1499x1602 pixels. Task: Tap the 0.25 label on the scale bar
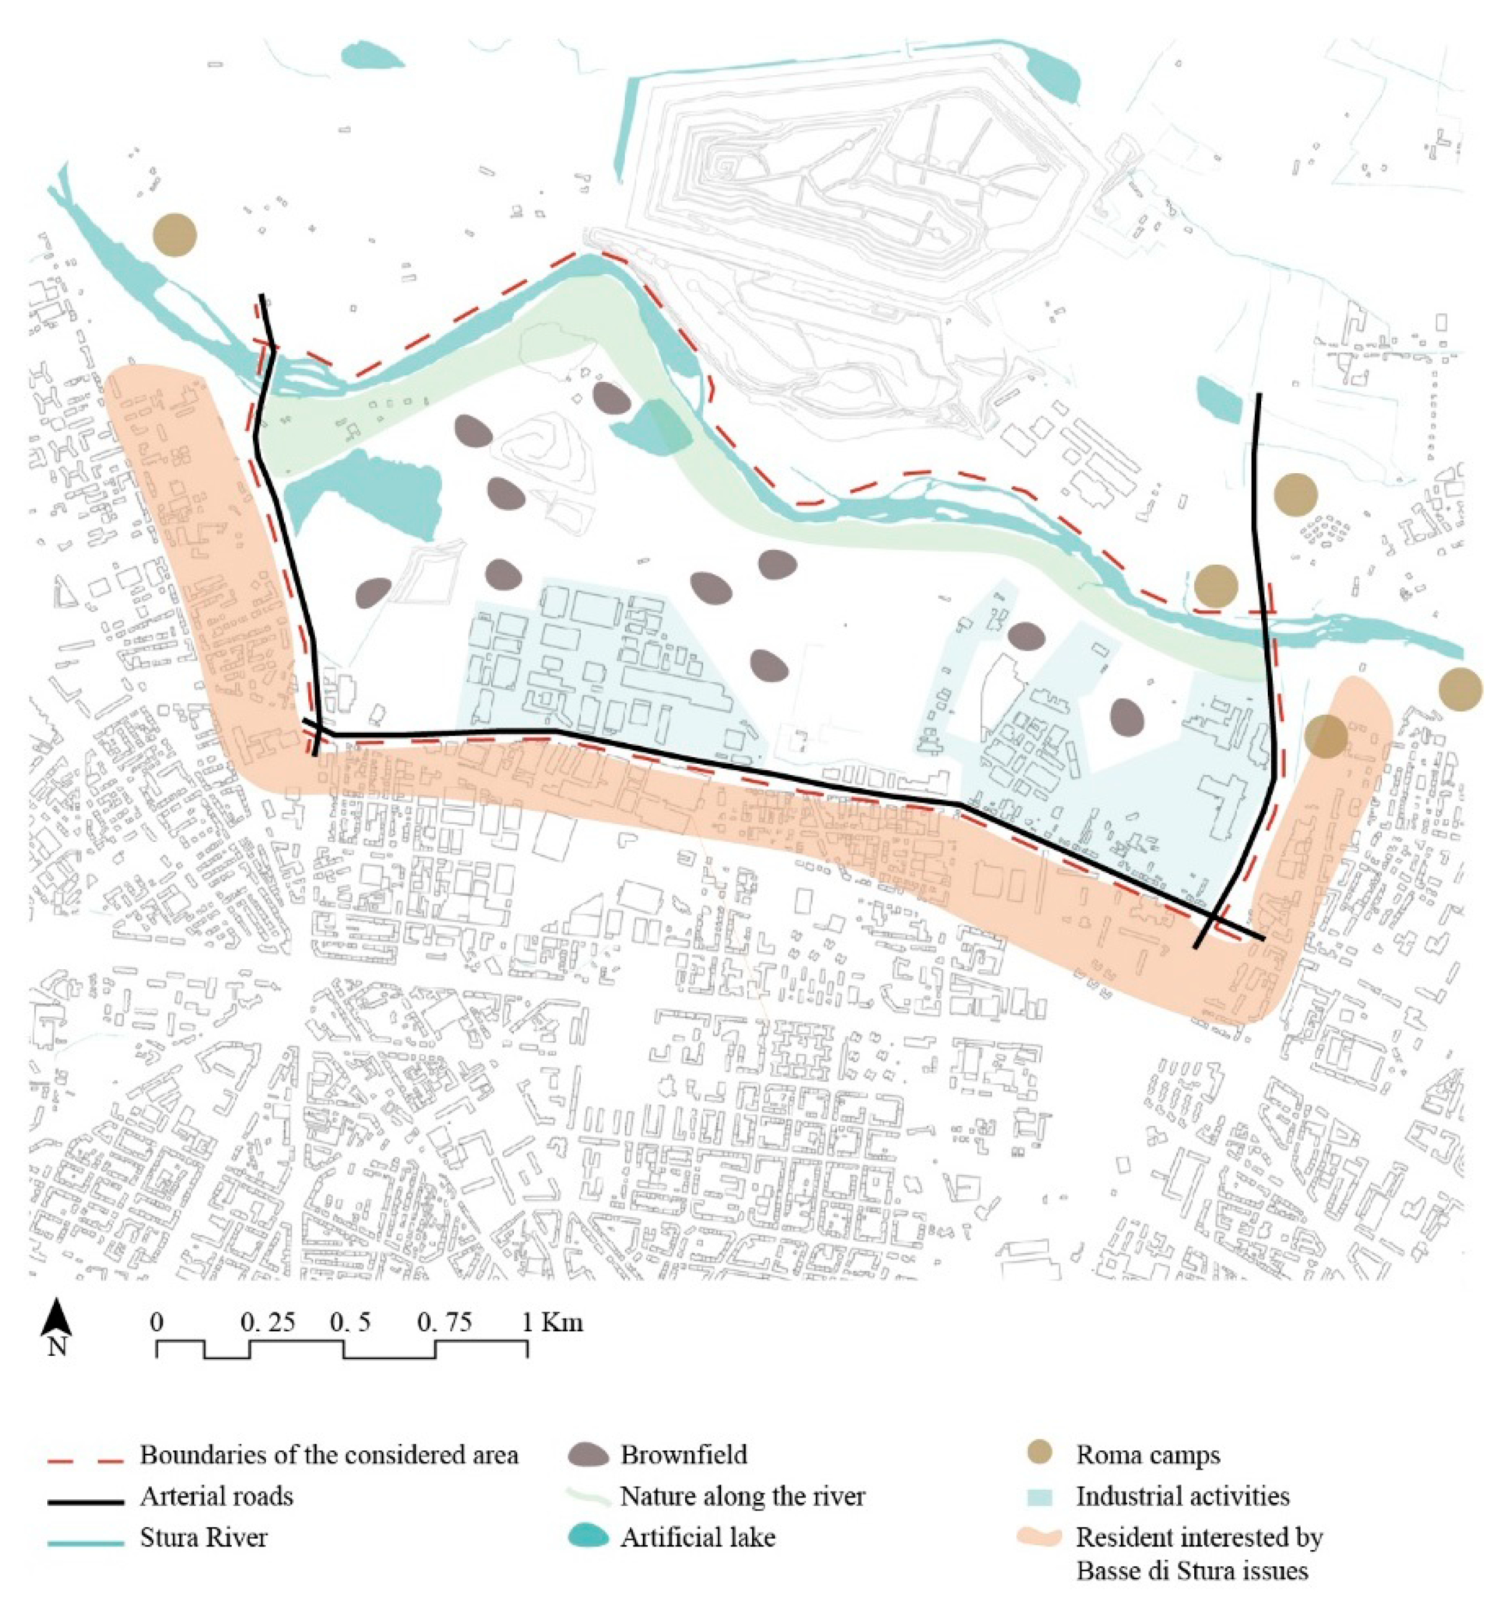click(268, 1322)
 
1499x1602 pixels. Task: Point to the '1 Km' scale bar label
click(553, 1322)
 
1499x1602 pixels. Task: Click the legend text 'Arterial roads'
click(216, 1496)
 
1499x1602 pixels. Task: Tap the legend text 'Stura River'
click(203, 1537)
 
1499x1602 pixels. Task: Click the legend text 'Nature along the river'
click(742, 1496)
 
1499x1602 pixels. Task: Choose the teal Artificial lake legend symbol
click(589, 1537)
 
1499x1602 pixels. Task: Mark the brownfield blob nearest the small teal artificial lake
click(612, 397)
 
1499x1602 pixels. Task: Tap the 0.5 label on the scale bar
click(351, 1322)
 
